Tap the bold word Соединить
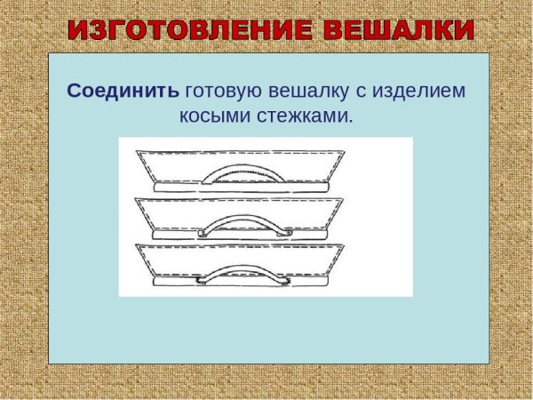123,92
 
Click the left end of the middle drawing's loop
202,233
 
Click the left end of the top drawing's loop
203,181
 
